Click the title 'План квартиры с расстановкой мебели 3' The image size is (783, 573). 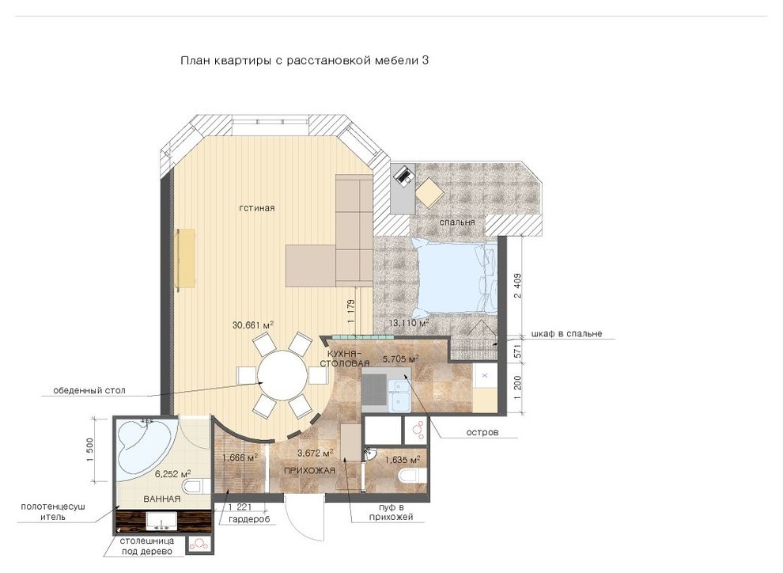pos(304,61)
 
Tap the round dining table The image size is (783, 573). pos(282,375)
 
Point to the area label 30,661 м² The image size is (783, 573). pos(252,324)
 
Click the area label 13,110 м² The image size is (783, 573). pos(409,323)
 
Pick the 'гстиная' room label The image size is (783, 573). pos(257,208)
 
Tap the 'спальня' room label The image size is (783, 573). pos(457,222)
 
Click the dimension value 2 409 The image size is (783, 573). pos(518,285)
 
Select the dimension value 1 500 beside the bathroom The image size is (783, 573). pos(90,450)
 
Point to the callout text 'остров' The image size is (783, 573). pos(482,432)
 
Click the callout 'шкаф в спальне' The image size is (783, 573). pos(567,333)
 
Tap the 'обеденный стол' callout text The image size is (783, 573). pos(89,390)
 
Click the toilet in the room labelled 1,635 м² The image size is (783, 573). pos(413,476)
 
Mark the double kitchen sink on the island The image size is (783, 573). pos(400,397)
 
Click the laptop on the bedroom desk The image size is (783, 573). pos(403,175)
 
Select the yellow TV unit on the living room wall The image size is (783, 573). pos(187,258)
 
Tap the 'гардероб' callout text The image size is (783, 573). pos(249,519)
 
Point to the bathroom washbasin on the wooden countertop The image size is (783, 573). pos(161,520)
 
